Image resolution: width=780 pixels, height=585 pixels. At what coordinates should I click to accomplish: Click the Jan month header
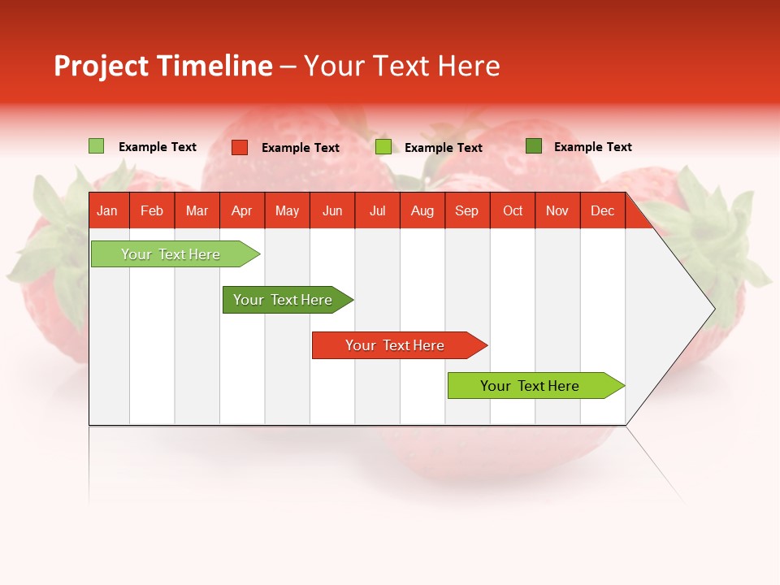(107, 210)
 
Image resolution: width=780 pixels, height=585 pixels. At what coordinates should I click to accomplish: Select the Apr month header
(241, 210)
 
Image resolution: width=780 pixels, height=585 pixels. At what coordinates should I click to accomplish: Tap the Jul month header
(377, 210)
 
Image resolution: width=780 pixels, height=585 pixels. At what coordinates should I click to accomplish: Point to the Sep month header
(466, 210)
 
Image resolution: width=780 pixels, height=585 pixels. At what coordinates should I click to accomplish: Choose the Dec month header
(602, 210)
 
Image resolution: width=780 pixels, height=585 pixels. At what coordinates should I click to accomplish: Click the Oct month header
(513, 210)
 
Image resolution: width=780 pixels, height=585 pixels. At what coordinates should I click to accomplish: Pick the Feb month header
(152, 210)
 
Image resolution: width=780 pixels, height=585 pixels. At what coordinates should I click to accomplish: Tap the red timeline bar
(396, 345)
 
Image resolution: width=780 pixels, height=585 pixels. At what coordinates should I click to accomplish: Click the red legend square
(240, 147)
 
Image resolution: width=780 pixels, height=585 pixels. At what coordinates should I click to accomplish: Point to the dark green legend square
(534, 146)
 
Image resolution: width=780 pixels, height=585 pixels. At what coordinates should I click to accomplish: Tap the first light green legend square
(96, 146)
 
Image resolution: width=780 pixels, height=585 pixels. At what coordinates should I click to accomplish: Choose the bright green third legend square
(383, 147)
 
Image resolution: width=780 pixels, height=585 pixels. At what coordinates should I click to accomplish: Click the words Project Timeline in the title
(162, 66)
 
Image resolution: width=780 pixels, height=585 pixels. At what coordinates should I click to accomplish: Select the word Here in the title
(469, 66)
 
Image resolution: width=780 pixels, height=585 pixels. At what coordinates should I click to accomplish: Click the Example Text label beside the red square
(301, 148)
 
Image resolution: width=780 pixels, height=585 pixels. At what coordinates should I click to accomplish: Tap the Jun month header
(332, 210)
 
